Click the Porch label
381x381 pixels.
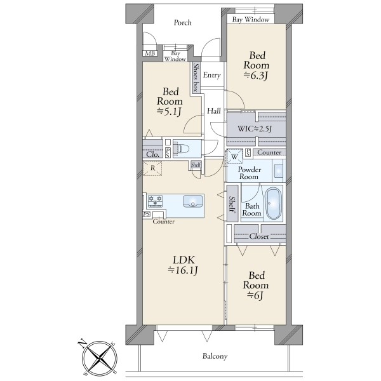(182, 23)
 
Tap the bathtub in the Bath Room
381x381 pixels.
(273, 203)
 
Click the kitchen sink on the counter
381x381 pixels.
(192, 201)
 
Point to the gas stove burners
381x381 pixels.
(155, 201)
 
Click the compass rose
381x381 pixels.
(99, 358)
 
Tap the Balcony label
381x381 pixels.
(215, 356)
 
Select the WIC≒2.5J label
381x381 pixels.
(255, 128)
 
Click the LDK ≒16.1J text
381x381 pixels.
(184, 265)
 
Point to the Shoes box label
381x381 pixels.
(196, 77)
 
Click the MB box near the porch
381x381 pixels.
(150, 53)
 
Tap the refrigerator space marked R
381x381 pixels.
(152, 168)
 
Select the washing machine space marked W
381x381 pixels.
(234, 157)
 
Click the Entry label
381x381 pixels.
(211, 76)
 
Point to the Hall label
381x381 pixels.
(214, 111)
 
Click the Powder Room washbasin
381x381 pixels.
(279, 170)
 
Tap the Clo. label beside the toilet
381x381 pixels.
(153, 154)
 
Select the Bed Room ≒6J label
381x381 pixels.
(256, 286)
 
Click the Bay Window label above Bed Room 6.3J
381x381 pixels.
(251, 20)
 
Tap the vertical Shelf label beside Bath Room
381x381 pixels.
(232, 204)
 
